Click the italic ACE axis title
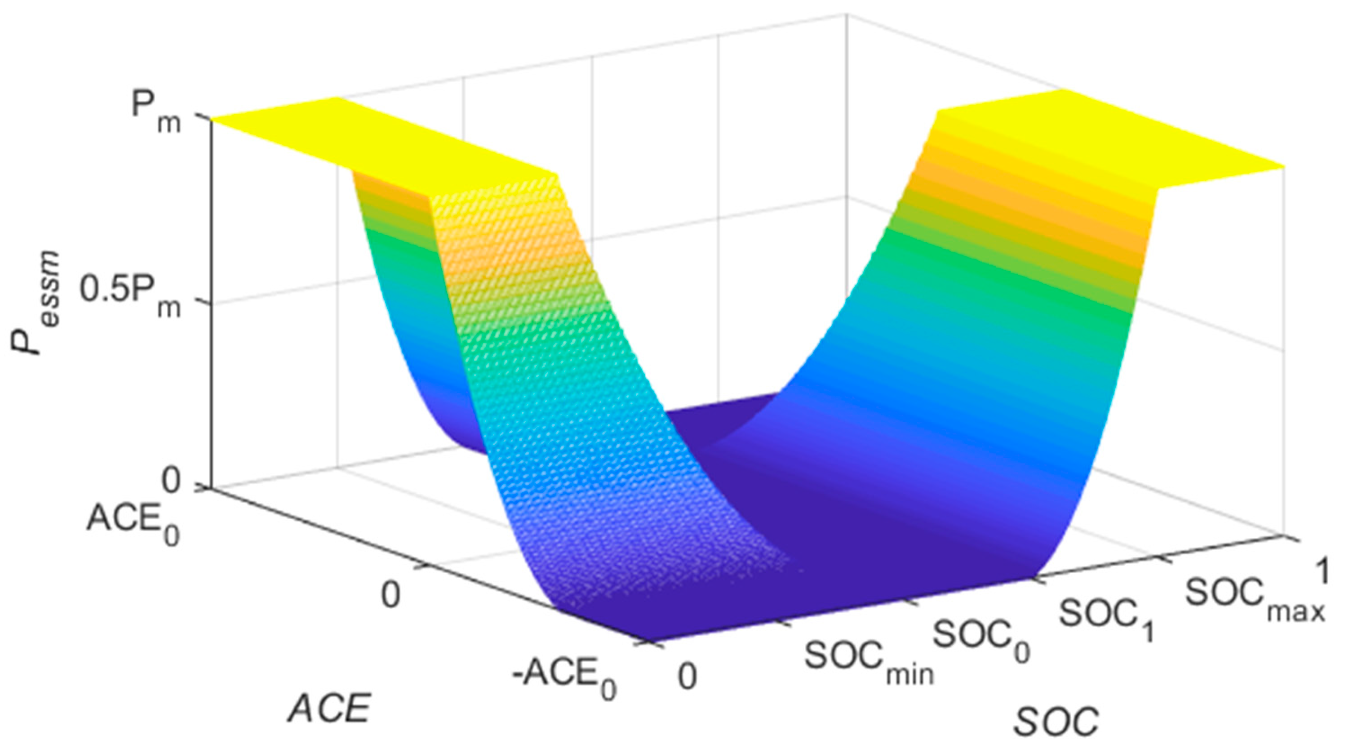[329, 708]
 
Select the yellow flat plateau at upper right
[1103, 142]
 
